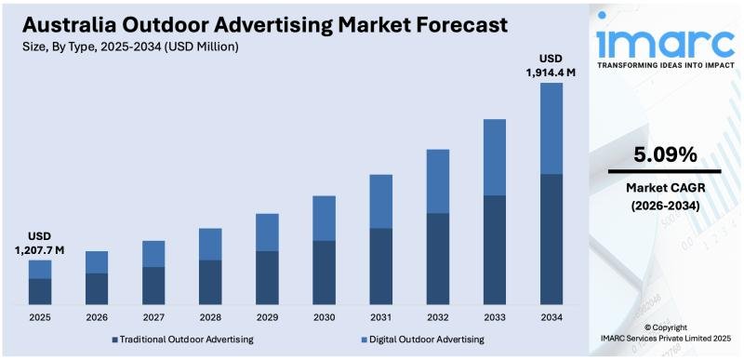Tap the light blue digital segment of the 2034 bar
pyautogui.click(x=551, y=127)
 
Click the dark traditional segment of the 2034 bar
pyautogui.click(x=551, y=239)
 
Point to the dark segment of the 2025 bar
pyautogui.click(x=40, y=291)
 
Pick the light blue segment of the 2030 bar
pyautogui.click(x=324, y=218)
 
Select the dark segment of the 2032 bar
pyautogui.click(x=438, y=259)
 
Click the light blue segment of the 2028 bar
pyautogui.click(x=210, y=244)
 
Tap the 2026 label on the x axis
pyautogui.click(x=97, y=318)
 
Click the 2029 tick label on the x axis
pyautogui.click(x=267, y=318)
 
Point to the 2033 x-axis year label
pyautogui.click(x=495, y=318)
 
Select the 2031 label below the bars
pyautogui.click(x=381, y=318)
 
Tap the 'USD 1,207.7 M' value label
pyautogui.click(x=39, y=243)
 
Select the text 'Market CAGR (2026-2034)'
pyautogui.click(x=664, y=196)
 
